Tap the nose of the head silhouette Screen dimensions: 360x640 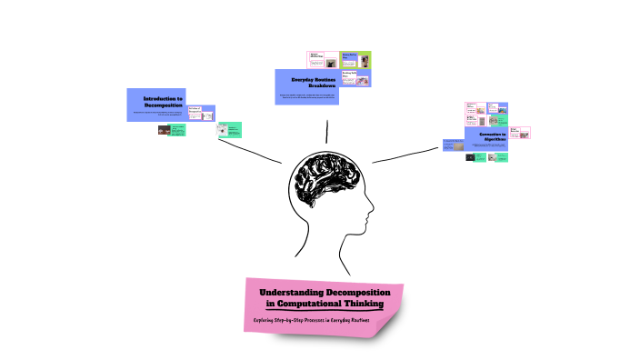(371, 216)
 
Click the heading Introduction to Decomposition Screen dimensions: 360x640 (164, 102)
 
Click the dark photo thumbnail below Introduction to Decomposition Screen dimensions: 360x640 (164, 130)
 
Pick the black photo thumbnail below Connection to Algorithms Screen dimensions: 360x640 (470, 157)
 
